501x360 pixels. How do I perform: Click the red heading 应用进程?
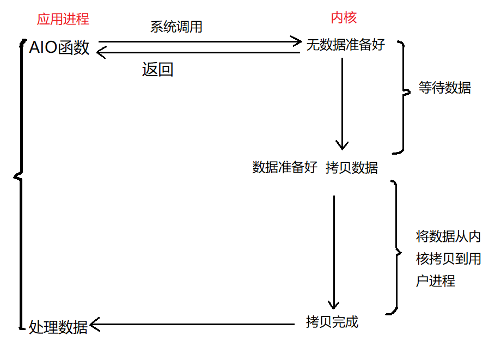(x=63, y=19)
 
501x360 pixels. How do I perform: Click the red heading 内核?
(x=344, y=18)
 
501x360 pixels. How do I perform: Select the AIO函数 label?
(x=59, y=48)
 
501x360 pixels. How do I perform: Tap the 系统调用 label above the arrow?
(x=176, y=27)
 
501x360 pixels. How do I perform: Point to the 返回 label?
(x=157, y=70)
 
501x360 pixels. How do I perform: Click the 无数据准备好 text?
(x=345, y=45)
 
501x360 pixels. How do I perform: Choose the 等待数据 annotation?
(x=444, y=88)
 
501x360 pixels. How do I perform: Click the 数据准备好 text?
(x=285, y=168)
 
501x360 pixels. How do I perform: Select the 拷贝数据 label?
(x=352, y=168)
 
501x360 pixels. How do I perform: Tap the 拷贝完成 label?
(x=332, y=322)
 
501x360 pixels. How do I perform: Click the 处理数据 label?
(x=58, y=327)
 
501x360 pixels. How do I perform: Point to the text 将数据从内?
(x=448, y=237)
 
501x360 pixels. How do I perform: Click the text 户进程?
(x=435, y=281)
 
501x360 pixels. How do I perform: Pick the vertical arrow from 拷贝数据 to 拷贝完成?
(x=334, y=251)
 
